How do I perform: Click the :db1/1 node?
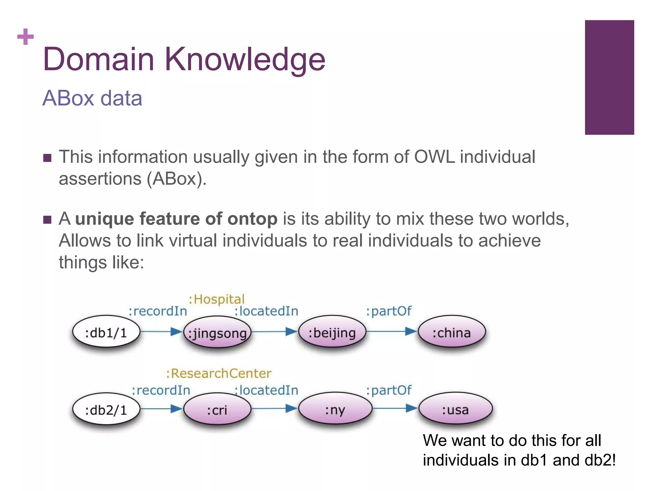pos(106,332)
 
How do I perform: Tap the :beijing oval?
pos(332,332)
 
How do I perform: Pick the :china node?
pos(452,332)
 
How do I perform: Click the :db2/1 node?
pos(106,409)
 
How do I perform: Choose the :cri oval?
pos(217,409)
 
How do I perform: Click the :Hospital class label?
pos(217,299)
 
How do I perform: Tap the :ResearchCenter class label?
pos(219,373)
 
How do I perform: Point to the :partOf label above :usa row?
pos(389,390)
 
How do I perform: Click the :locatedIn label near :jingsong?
pos(266,311)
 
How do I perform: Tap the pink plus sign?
pos(26,37)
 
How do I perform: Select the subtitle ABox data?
pos(92,98)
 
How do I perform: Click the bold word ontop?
pos(252,219)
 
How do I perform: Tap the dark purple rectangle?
pos(609,77)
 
